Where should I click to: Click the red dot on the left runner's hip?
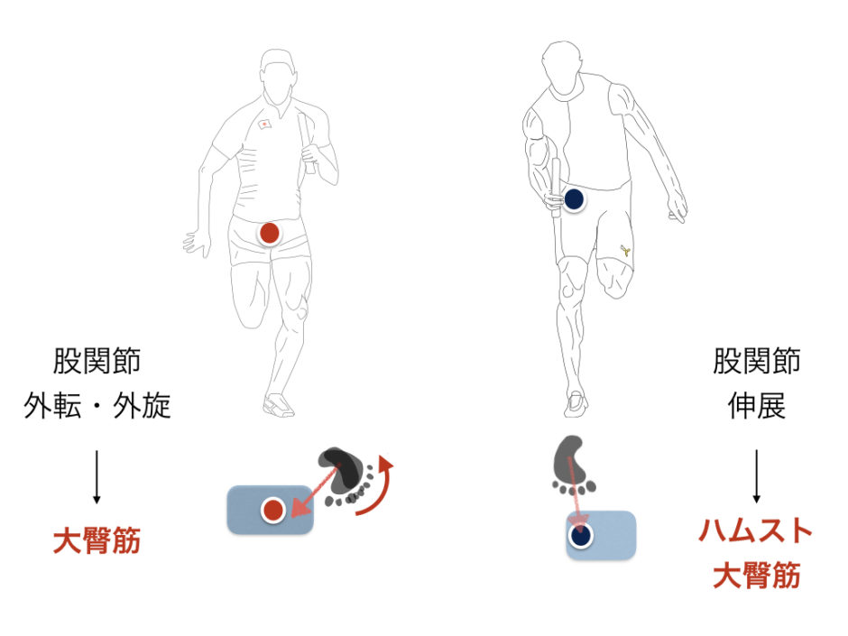pos(270,233)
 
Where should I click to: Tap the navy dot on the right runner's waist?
pos(574,199)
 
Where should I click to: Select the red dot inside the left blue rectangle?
pos(273,510)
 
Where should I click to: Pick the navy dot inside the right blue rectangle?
pos(581,535)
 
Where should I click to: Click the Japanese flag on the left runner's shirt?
pos(264,124)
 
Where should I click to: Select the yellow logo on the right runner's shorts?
pos(625,250)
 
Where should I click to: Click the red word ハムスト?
pos(755,530)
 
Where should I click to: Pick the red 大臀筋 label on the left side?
pos(97,540)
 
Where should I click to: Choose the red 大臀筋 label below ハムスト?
pos(756,575)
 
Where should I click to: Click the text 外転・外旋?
pos(97,406)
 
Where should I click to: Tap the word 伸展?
pos(756,406)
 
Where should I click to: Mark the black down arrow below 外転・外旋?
pos(97,476)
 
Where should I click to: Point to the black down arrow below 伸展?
pos(757,476)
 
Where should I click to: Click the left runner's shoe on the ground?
pos(278,405)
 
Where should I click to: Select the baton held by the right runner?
pos(556,188)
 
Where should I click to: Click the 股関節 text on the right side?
pos(756,361)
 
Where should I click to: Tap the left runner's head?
pos(278,77)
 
